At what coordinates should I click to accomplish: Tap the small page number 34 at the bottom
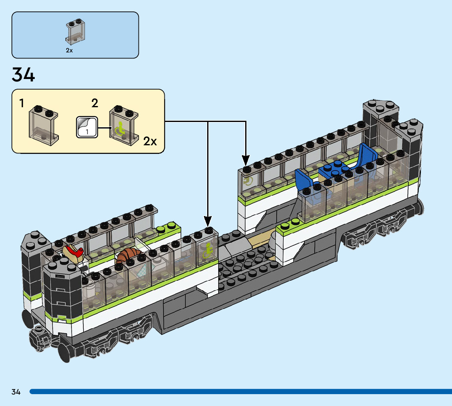(x=16, y=392)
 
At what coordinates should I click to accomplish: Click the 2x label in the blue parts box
(x=69, y=51)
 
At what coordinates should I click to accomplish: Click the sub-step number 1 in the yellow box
(x=21, y=103)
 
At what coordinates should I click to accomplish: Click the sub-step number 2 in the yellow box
(x=95, y=103)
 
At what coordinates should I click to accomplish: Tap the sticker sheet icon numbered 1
(x=87, y=127)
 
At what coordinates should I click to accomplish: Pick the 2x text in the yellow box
(x=150, y=142)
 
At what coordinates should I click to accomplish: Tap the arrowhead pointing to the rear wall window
(x=246, y=160)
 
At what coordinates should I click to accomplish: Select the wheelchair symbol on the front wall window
(x=208, y=250)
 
